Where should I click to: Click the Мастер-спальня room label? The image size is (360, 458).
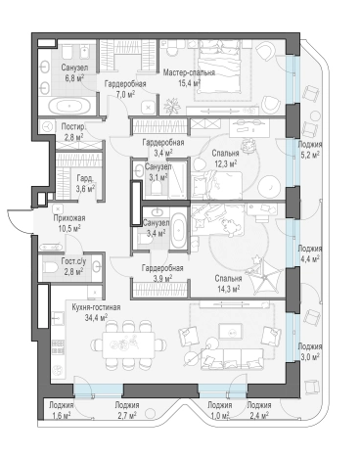pos(189,72)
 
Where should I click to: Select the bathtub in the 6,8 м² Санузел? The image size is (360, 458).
pos(68,106)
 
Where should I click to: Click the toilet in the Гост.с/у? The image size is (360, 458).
pos(49,268)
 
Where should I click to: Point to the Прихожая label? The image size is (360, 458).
pos(69,218)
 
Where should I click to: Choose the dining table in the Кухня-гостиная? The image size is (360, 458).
pos(129,344)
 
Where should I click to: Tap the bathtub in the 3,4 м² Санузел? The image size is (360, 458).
pos(179,230)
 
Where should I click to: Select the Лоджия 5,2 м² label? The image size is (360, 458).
pos(310,149)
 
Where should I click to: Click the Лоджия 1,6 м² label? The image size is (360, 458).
pos(62,410)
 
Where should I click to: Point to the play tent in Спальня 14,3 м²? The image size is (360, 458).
pos(263,277)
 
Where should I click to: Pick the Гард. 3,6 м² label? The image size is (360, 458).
pos(85,183)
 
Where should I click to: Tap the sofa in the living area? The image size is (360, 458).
pos(232,359)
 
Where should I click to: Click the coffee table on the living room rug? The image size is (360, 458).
pos(231,333)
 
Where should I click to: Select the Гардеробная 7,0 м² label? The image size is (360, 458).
pos(125,88)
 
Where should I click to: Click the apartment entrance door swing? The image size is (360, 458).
pos(20,222)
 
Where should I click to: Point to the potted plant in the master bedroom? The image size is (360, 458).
pos(172,106)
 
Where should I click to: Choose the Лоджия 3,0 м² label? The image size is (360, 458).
pos(310,351)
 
